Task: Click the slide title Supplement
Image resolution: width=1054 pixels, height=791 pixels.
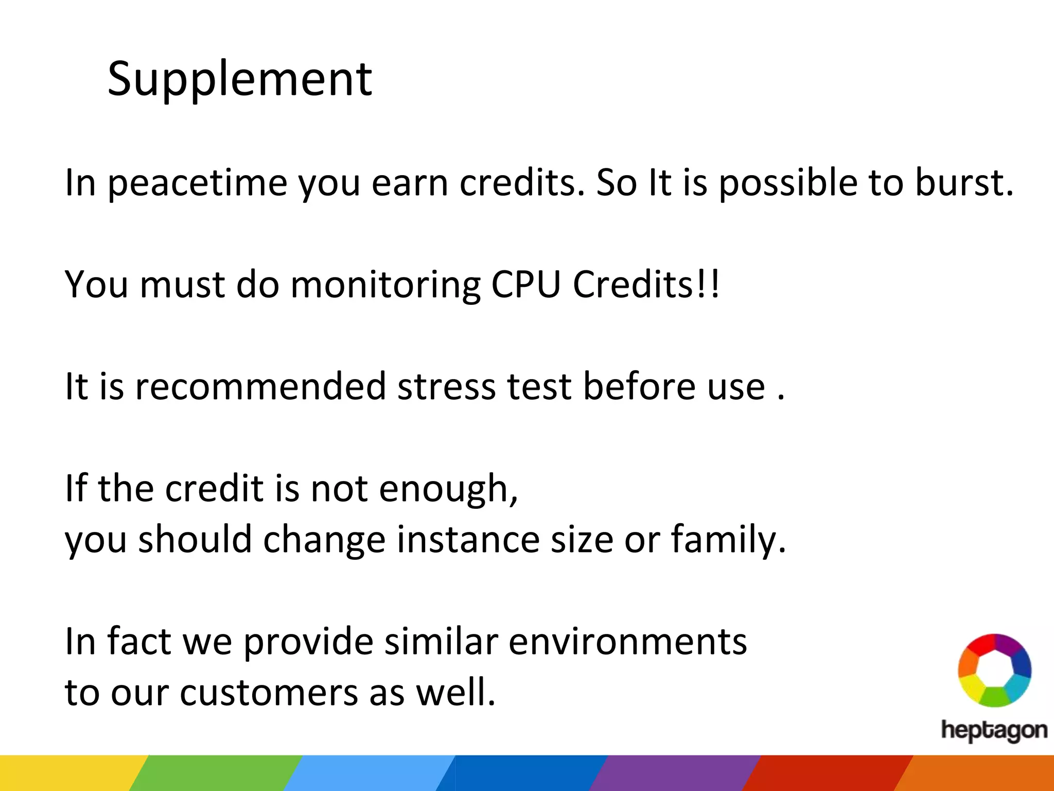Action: tap(239, 80)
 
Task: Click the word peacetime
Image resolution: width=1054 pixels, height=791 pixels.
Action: tap(197, 184)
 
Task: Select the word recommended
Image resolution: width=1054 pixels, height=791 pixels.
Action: tap(260, 386)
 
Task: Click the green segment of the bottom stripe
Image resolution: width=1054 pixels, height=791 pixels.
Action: tap(216, 773)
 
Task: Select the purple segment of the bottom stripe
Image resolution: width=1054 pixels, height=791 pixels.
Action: tap(674, 773)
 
